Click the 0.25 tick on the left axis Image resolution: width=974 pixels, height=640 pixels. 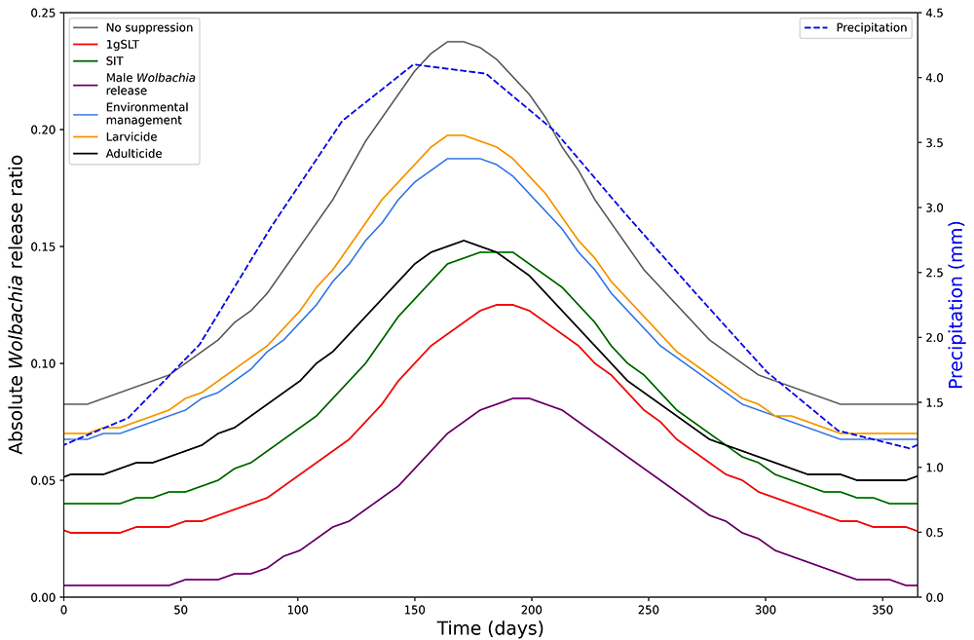42,13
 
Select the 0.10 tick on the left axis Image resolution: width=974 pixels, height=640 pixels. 42,363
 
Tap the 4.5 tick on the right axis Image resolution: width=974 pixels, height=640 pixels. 935,13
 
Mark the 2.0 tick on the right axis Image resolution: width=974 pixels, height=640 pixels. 935,337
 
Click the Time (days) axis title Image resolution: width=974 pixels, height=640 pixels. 490,629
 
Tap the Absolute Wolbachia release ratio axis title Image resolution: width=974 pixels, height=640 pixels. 17,305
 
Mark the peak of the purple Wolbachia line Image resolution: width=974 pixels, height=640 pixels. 521,397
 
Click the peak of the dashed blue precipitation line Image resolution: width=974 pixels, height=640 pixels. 415,64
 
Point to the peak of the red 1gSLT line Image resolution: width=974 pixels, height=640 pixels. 504,305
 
